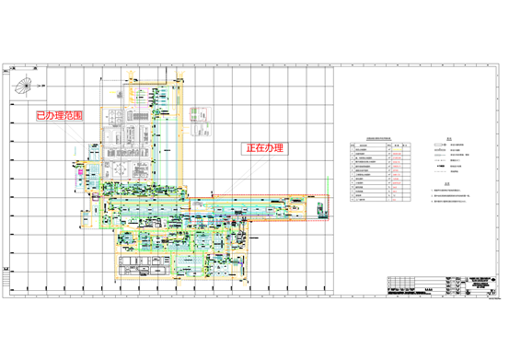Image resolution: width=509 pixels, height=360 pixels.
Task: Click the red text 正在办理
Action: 265,148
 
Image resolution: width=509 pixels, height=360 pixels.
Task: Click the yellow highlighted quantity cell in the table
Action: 398,154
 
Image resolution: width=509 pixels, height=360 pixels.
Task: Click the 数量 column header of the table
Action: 398,144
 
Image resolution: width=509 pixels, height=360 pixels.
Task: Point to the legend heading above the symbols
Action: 450,140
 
